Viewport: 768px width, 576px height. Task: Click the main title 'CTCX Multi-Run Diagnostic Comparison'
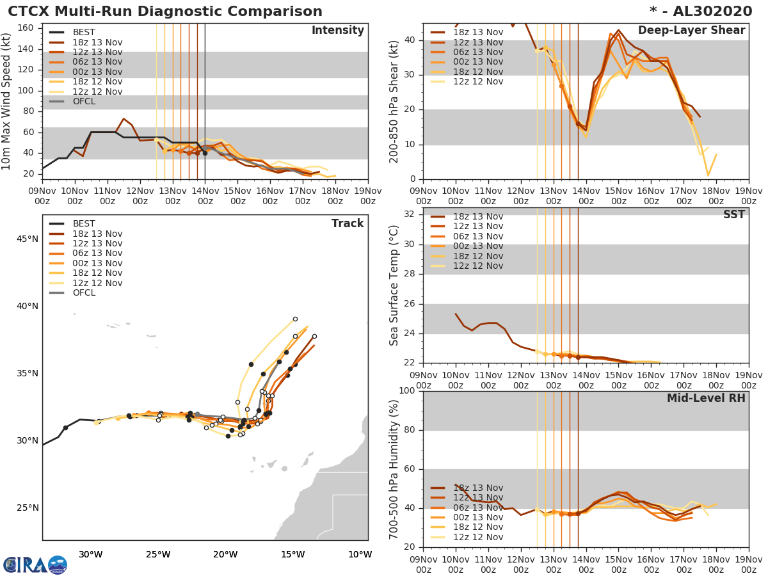coord(165,12)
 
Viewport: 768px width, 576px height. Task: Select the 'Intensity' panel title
coord(337,31)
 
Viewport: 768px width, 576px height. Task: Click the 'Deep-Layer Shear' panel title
coord(691,31)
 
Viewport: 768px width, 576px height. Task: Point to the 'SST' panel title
coord(734,215)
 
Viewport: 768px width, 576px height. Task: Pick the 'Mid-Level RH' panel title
coord(706,399)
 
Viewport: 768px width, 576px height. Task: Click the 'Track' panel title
coord(348,224)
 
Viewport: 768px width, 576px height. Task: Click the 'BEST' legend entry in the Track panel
coord(84,224)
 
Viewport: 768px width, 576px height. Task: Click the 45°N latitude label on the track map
coord(27,239)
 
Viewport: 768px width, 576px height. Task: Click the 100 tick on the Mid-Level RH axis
coord(407,391)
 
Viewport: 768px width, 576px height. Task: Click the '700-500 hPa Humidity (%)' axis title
coord(394,469)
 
